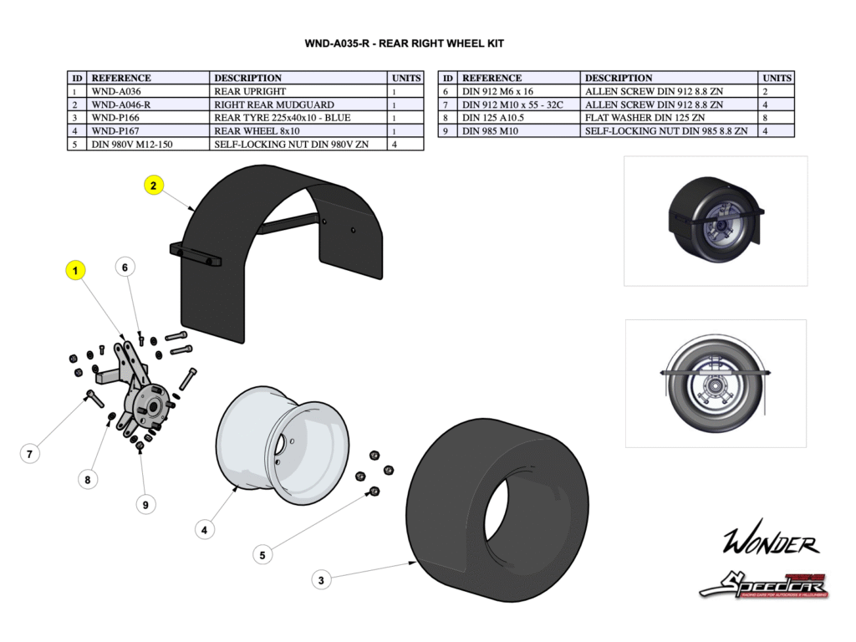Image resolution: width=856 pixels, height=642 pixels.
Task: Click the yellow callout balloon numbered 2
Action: [x=154, y=186]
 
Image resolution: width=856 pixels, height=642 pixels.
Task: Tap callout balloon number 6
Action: [x=125, y=267]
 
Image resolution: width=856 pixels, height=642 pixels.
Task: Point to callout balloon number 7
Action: [x=29, y=454]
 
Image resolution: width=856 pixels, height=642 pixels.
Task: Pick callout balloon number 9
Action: [x=145, y=504]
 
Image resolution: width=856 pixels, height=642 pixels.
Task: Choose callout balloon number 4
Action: [x=205, y=528]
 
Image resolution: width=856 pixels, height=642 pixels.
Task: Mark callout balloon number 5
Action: [x=262, y=554]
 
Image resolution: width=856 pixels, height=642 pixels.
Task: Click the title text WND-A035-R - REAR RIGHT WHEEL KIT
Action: [x=404, y=43]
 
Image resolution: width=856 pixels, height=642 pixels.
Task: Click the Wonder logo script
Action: [x=770, y=543]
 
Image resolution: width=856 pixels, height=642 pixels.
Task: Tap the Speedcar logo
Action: [x=763, y=584]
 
